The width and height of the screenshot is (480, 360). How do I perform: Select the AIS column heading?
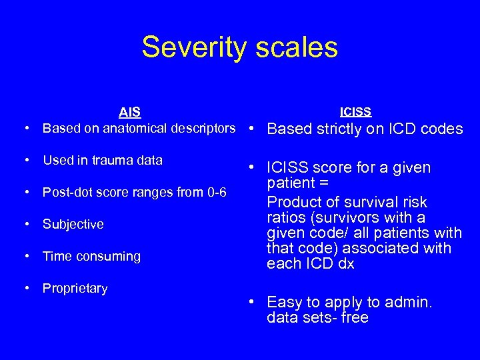pyautogui.click(x=129, y=111)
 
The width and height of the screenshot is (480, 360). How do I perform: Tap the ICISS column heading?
pyautogui.click(x=355, y=111)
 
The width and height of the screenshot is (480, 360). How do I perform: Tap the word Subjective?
pyautogui.click(x=73, y=224)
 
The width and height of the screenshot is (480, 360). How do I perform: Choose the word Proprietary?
pyautogui.click(x=75, y=288)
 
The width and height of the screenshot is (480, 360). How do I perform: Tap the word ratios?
pyautogui.click(x=285, y=217)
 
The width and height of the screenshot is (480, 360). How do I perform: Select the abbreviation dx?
pyautogui.click(x=347, y=263)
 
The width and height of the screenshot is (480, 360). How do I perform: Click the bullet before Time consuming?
pyautogui.click(x=25, y=256)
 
